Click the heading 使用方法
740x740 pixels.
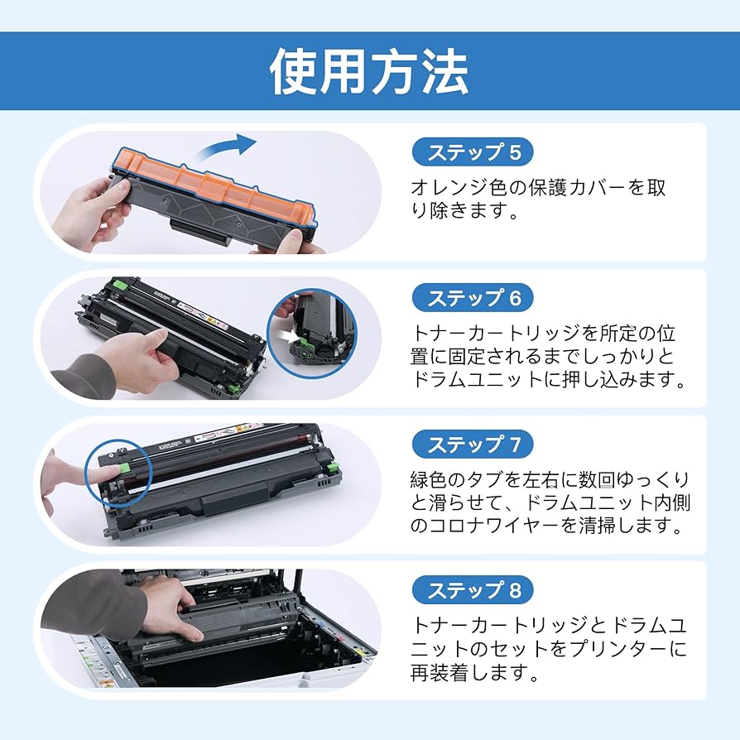(x=369, y=72)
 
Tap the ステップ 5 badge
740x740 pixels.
(x=473, y=152)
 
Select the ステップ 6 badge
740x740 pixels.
(x=473, y=298)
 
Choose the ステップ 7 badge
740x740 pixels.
(x=473, y=444)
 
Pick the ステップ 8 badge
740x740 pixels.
(x=473, y=590)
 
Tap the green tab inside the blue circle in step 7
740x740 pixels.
(x=123, y=469)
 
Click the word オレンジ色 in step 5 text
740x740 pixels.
(x=459, y=187)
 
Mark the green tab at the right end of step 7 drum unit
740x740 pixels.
(x=334, y=467)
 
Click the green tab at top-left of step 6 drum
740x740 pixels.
(x=120, y=284)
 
